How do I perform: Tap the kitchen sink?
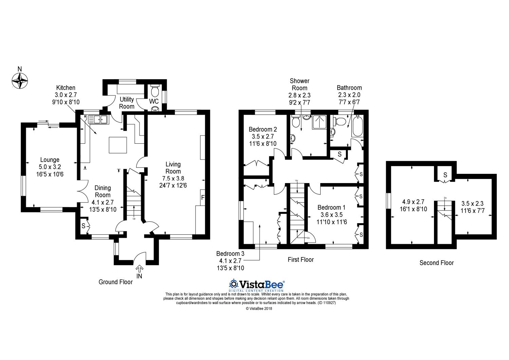pos(98,120)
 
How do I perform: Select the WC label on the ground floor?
pos(154,101)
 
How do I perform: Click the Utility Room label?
pos(127,103)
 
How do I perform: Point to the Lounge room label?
pos(50,160)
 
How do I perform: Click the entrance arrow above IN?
pos(139,269)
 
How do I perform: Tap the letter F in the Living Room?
pos(203,197)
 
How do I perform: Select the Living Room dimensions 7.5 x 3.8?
pos(173,179)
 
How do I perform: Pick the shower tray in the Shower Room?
pos(319,122)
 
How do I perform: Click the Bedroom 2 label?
pos(263,129)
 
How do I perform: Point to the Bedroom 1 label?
pos(332,208)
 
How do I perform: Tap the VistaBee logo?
pos(257,285)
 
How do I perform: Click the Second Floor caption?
pos(436,263)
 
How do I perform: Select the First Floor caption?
pos(301,260)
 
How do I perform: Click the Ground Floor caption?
pos(115,282)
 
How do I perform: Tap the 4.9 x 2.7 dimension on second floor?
pos(413,202)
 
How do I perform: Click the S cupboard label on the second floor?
pos(445,175)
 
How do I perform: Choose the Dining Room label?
pos(103,192)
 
